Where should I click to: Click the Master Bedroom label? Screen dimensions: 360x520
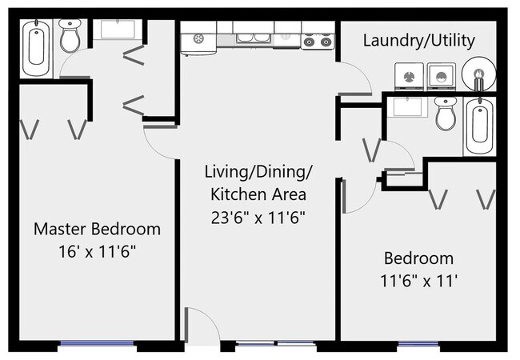[x=97, y=229]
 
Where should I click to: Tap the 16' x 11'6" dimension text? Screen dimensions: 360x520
[x=97, y=251]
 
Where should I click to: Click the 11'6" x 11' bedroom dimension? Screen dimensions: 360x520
[x=418, y=281]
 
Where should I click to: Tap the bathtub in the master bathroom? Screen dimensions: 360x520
[x=37, y=47]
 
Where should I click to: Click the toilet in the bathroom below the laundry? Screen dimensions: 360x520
[x=446, y=115]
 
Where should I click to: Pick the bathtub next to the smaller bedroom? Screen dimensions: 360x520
[x=478, y=126]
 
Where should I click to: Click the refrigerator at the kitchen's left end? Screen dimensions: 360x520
[x=198, y=40]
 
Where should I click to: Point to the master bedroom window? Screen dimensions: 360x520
[x=97, y=344]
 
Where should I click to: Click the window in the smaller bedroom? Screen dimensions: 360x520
[x=418, y=344]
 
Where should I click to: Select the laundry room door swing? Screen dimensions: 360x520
[x=356, y=80]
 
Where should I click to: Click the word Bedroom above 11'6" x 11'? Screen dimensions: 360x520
[x=418, y=258]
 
